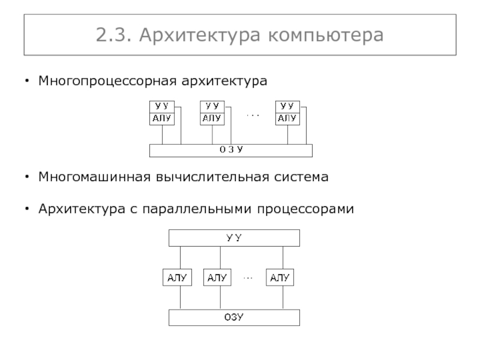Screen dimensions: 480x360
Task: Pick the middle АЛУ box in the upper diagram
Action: pyautogui.click(x=212, y=118)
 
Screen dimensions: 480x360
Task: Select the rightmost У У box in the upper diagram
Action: pyautogui.click(x=287, y=106)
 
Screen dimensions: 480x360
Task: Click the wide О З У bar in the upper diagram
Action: pyautogui.click(x=230, y=150)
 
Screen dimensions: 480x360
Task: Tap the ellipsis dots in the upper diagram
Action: pyautogui.click(x=252, y=114)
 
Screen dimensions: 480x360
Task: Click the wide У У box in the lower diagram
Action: pyautogui.click(x=233, y=238)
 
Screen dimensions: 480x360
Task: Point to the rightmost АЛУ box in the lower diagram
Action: pyautogui.click(x=280, y=278)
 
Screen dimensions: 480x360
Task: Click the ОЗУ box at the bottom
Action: pyautogui.click(x=233, y=317)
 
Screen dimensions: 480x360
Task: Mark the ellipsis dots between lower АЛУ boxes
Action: pyautogui.click(x=248, y=278)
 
